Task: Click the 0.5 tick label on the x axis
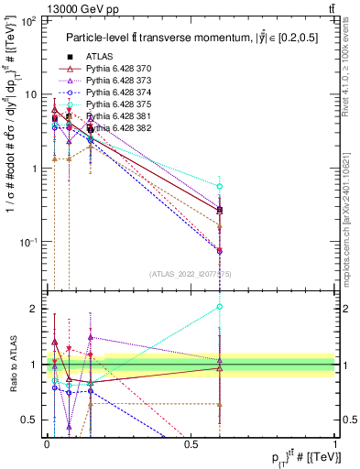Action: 191,442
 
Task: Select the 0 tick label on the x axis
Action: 47,442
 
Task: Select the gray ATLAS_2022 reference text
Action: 190,272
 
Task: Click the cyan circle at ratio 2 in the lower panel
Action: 220,308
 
